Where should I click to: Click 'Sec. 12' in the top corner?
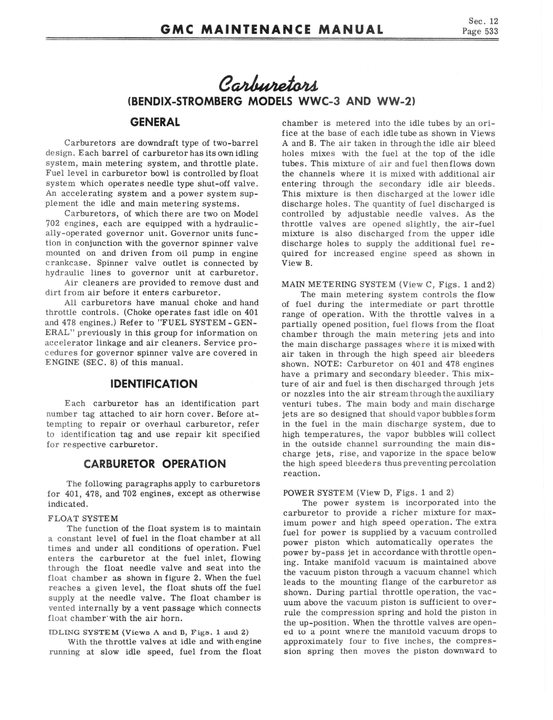pyautogui.click(x=483, y=21)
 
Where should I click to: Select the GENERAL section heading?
pyautogui.click(x=155, y=122)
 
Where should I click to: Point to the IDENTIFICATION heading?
pyautogui.click(x=154, y=384)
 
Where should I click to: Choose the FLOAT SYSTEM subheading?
pyautogui.click(x=83, y=519)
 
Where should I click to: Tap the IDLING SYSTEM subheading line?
pyautogui.click(x=148, y=632)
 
